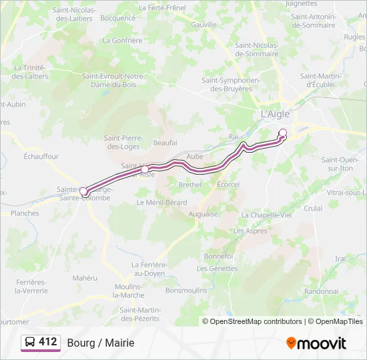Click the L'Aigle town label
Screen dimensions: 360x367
pyautogui.click(x=275, y=114)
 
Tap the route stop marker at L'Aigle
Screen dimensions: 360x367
pyautogui.click(x=283, y=132)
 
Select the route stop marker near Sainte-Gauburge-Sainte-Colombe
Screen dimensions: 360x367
pyautogui.click(x=83, y=192)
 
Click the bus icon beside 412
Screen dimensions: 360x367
pyautogui.click(x=30, y=343)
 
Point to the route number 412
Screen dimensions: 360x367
pyautogui.click(x=48, y=342)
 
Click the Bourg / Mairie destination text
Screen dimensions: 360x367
pyautogui.click(x=101, y=343)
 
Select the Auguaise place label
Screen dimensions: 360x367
pyautogui.click(x=203, y=214)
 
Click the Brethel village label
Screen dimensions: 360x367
pyautogui.click(x=190, y=184)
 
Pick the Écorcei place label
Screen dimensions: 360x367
pyautogui.click(x=228, y=184)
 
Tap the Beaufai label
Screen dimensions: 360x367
pyautogui.click(x=165, y=143)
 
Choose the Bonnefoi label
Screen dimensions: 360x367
pyautogui.click(x=218, y=256)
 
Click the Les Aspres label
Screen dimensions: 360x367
pyautogui.click(x=250, y=231)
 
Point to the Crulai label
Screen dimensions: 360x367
pyautogui.click(x=313, y=208)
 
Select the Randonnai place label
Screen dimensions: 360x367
pyautogui.click(x=321, y=291)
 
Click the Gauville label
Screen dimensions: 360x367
pyautogui.click(x=204, y=24)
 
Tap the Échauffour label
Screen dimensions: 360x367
pyautogui.click(x=41, y=157)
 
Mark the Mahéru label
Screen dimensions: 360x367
pyautogui.click(x=85, y=277)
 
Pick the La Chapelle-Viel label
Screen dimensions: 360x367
pyautogui.click(x=267, y=215)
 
